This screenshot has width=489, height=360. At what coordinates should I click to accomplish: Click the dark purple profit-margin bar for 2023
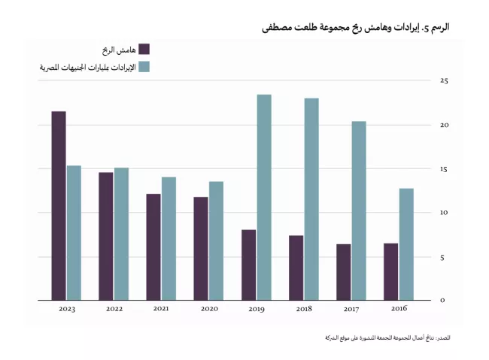point(58,206)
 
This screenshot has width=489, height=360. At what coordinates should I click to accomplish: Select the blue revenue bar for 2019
point(264,198)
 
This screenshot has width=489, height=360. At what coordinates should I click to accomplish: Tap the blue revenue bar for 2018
point(311,199)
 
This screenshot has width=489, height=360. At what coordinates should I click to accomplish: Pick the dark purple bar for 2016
point(390,271)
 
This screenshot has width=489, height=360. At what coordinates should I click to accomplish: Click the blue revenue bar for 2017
point(359,210)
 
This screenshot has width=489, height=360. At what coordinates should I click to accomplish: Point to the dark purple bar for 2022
point(105,236)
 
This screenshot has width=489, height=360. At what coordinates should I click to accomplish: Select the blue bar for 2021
point(169,238)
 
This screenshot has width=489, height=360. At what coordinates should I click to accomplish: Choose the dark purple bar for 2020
point(201,248)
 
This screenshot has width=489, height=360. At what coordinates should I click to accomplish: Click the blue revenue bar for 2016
point(406,244)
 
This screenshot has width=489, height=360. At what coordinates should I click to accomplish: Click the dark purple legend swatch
point(144,50)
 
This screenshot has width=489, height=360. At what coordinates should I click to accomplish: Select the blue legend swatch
point(144,67)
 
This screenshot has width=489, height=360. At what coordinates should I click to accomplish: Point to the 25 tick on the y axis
point(444,80)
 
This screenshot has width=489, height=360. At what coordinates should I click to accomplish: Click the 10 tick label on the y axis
point(444,213)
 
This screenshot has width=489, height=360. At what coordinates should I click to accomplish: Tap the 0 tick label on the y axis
point(442,301)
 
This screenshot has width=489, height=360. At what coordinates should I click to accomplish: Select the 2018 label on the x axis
point(304,309)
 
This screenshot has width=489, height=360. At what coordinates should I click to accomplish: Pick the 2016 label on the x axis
point(399,309)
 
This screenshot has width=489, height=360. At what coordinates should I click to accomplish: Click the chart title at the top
point(356,26)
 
